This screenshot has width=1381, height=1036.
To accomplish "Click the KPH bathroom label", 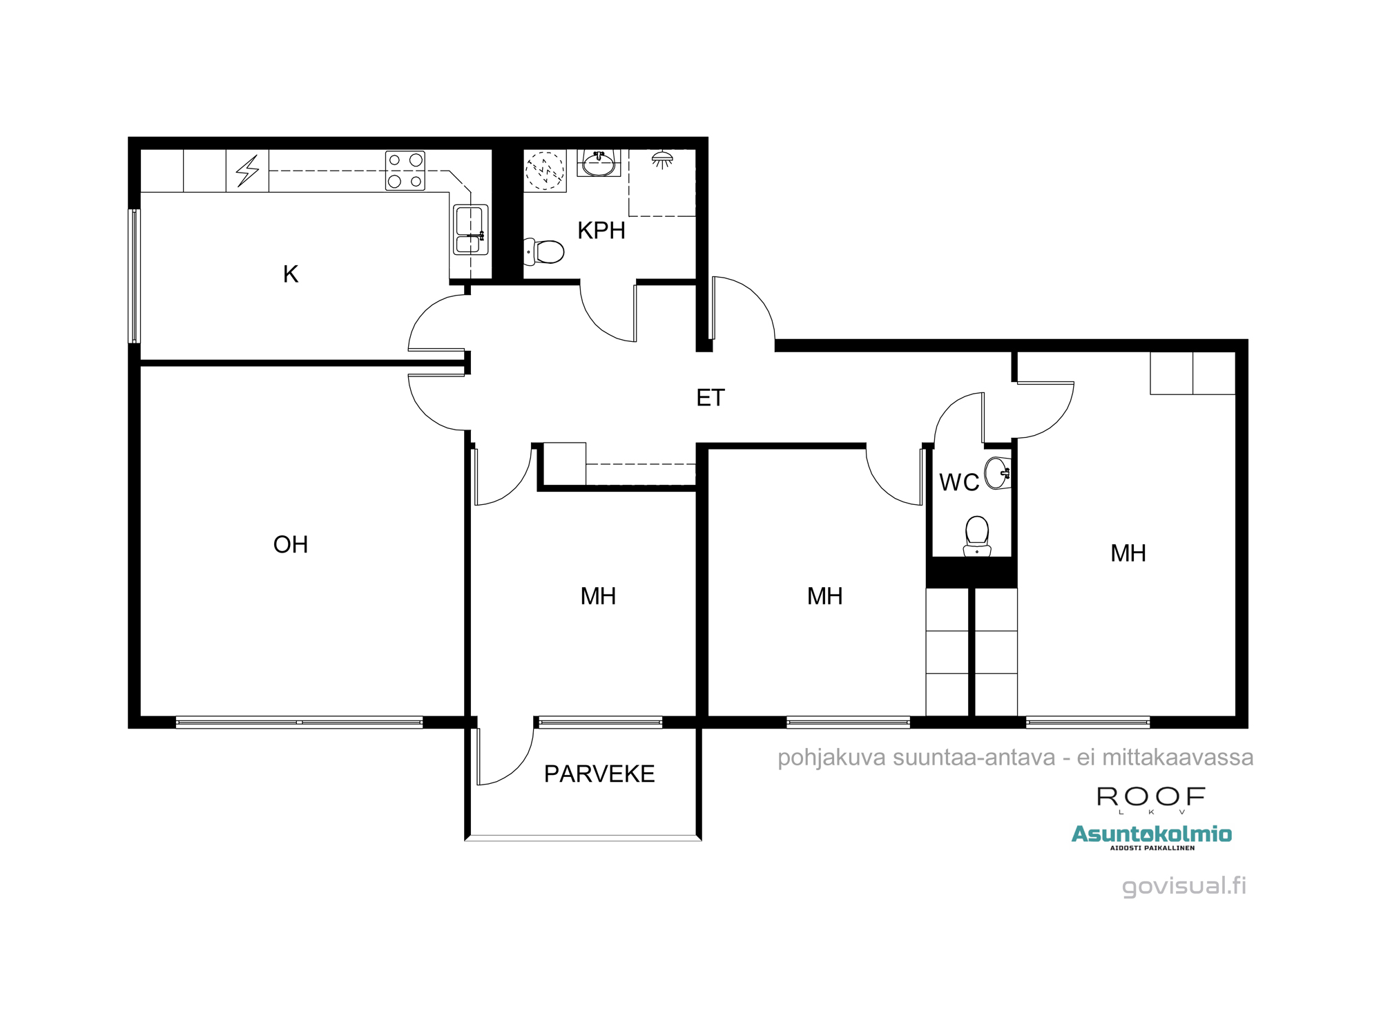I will point(601,231).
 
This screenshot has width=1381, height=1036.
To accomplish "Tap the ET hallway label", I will point(711,398).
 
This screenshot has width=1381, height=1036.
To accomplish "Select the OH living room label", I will point(291,545).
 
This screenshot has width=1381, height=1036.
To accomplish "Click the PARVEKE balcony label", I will point(599,774).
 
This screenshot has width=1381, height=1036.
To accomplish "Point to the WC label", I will point(959,482).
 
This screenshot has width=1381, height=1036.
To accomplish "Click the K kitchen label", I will point(291,274).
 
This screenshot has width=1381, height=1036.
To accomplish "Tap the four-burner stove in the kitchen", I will point(405,171).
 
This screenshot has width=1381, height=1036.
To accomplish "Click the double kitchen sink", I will point(470,230).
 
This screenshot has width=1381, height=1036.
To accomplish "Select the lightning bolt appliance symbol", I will point(247,171).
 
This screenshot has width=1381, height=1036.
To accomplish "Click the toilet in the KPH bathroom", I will point(545,251).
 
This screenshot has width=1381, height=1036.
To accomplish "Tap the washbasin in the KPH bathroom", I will point(599,164).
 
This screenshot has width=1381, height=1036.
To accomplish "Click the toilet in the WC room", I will point(977,536).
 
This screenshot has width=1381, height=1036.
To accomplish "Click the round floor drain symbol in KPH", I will point(545,170).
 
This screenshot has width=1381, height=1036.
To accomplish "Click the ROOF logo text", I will point(1151,797).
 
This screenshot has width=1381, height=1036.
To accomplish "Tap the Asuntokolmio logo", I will point(1151,834).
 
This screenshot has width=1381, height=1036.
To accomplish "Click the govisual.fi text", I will point(1184,886).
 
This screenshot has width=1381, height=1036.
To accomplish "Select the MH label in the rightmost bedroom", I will point(1128,553).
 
